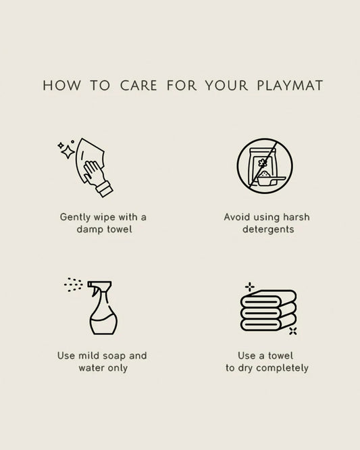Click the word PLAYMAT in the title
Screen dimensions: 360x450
point(290,86)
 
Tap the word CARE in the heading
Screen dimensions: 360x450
point(138,86)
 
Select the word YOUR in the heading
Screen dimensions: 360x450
point(227,86)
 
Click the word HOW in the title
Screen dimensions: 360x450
point(61,86)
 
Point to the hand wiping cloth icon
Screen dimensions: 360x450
point(86,168)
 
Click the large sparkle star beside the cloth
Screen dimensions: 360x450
point(68,152)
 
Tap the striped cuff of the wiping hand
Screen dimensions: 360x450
point(104,189)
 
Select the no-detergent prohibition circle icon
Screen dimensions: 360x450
point(265,166)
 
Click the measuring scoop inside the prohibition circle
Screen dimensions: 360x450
point(270,181)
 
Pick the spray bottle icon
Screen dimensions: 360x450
point(103,307)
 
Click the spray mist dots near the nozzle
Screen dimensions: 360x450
point(74,284)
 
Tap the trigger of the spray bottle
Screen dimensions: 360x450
point(94,291)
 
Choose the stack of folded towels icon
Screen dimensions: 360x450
point(268,311)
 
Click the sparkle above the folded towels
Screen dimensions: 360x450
point(249,286)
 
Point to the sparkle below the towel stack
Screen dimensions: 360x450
point(293,331)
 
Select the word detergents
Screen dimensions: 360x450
point(268,229)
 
